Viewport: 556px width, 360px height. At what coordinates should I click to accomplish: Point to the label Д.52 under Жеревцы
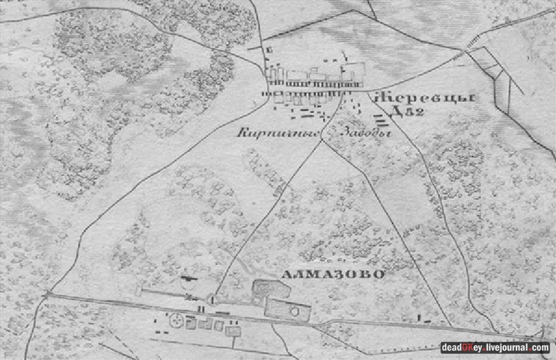click(x=406, y=112)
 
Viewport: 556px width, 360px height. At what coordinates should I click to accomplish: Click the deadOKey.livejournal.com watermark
click(x=495, y=348)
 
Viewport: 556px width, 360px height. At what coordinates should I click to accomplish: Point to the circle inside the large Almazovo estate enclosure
click(x=294, y=311)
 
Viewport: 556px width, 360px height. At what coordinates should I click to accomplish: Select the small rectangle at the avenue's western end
click(x=139, y=290)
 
